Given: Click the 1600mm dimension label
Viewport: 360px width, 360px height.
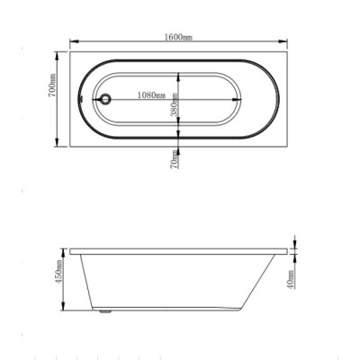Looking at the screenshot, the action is coord(178,37).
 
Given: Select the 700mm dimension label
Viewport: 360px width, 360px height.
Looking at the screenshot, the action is coord(52,85).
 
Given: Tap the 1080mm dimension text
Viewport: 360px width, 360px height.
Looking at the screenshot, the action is coord(151,95).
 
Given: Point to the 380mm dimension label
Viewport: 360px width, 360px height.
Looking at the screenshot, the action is coord(175,105).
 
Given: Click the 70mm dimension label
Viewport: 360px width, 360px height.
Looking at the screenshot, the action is coord(175,159).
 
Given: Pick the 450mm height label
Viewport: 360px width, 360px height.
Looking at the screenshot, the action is coord(58,272).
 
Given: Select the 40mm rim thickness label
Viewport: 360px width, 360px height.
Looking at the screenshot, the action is coord(291,280).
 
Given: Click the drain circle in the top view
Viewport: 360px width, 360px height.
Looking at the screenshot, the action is coord(105,99).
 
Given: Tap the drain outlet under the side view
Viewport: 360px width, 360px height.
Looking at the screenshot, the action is coord(105,311).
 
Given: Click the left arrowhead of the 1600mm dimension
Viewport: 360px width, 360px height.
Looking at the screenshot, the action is coord(74,41).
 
